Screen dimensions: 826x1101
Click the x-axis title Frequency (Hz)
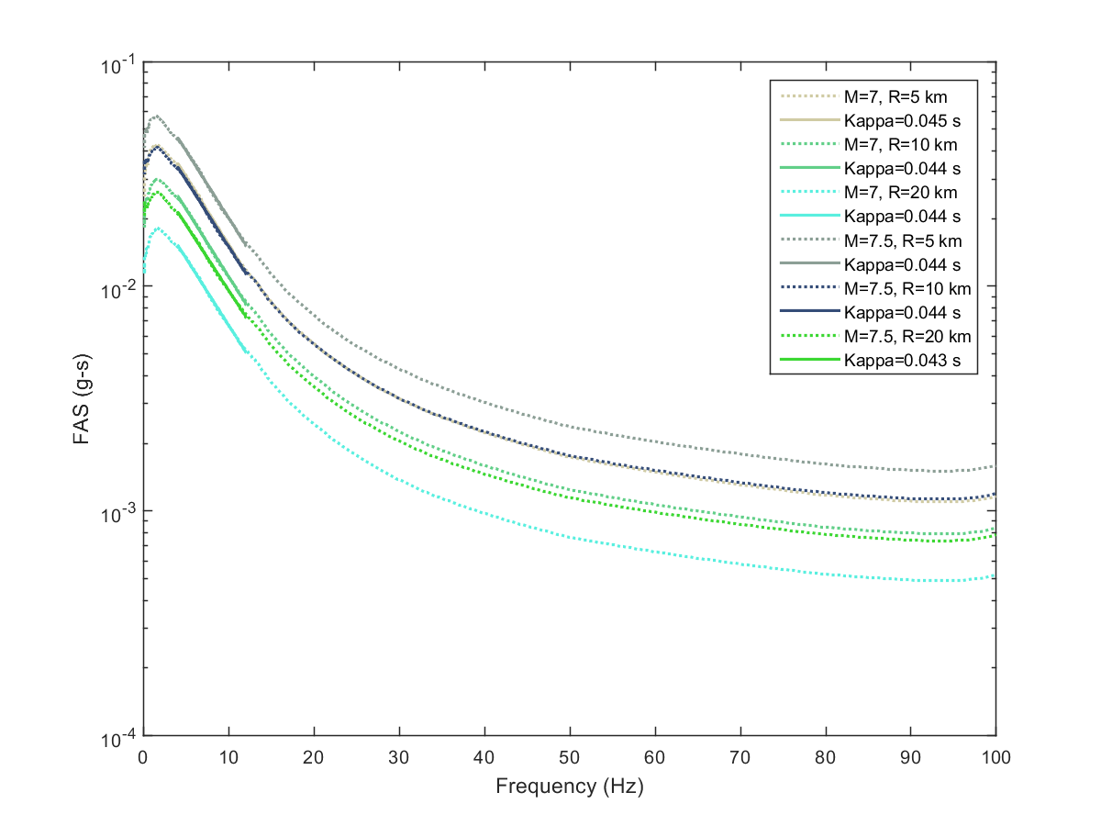pos(569,787)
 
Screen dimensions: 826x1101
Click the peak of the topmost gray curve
pos(157,117)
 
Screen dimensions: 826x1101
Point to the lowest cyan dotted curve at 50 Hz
pos(570,538)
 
